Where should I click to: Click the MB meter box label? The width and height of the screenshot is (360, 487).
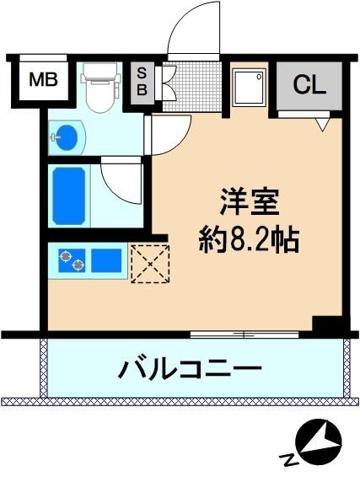(43, 79)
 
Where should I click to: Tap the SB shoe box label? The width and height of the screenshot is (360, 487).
(142, 83)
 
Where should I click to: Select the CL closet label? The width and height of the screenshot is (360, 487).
(309, 84)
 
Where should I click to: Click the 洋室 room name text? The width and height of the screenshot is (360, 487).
(250, 201)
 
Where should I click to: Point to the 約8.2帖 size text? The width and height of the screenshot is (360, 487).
(249, 240)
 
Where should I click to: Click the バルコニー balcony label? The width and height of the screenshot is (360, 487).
(190, 368)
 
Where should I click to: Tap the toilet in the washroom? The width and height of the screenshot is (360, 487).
(99, 88)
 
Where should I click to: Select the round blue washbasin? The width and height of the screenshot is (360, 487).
(67, 136)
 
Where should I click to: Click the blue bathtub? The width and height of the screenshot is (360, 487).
(69, 195)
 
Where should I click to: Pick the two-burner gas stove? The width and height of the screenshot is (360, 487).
(72, 260)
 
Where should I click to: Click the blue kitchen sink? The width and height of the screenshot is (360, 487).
(106, 260)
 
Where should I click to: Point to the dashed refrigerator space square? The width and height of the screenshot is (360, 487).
(150, 264)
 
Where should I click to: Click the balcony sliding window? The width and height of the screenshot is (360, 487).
(244, 334)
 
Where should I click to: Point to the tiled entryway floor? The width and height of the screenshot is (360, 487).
(193, 87)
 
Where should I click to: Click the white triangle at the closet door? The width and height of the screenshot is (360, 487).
(322, 124)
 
